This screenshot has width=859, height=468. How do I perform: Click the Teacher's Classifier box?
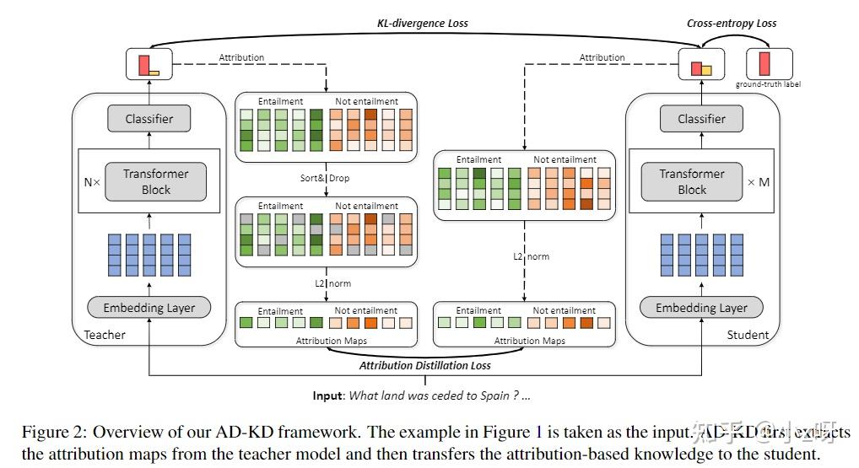[x=149, y=119]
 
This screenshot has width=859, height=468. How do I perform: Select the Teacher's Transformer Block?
[x=156, y=181]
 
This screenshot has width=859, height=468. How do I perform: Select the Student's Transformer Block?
[x=692, y=181]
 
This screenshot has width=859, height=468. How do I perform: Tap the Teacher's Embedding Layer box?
[x=149, y=308]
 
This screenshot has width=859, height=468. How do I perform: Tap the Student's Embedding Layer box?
[x=701, y=308]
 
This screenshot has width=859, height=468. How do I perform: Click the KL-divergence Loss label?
[x=422, y=24]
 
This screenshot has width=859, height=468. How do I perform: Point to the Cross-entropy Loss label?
[x=731, y=24]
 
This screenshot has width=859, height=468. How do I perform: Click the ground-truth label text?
[x=768, y=84]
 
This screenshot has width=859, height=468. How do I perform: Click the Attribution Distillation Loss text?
[x=425, y=366]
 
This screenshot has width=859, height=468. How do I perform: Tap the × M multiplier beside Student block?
[x=759, y=181]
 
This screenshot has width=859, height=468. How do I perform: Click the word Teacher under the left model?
[x=105, y=335]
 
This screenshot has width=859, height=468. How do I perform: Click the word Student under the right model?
[x=748, y=335]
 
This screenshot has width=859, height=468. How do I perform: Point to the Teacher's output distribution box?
[x=149, y=63]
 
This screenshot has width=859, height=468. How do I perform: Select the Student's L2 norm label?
[x=530, y=256]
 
